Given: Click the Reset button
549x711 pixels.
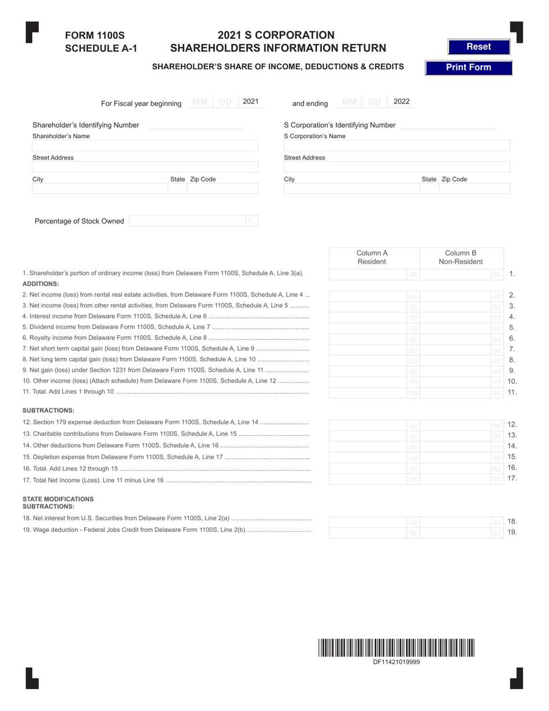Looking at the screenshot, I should coord(478,47).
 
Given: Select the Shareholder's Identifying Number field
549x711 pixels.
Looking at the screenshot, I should coord(196,125).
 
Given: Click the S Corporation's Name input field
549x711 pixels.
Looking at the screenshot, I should coord(396,146).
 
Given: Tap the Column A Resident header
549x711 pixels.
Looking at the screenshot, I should coord(372,257).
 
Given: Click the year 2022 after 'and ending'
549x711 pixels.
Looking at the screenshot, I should coord(402,102).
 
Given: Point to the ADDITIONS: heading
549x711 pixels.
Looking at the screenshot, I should coord(41,284).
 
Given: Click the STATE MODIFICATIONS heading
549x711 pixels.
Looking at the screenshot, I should coord(58,498).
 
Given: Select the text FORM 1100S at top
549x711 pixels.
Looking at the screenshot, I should coord(95,36).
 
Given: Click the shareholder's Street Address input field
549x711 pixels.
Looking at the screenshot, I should coord(145,167).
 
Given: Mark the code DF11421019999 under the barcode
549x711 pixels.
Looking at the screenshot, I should coord(396,662).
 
